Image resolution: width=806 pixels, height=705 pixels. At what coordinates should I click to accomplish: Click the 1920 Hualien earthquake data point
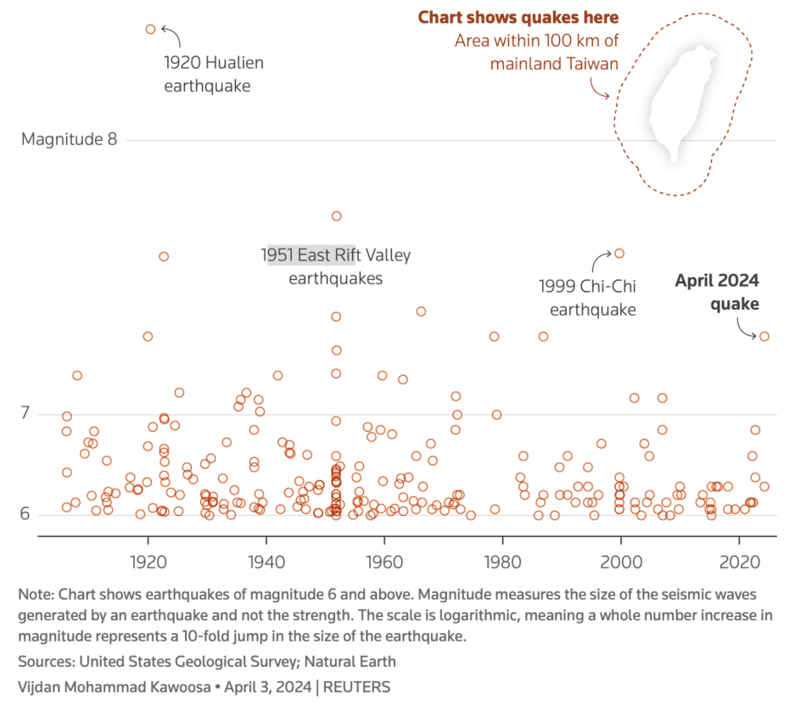point(151,29)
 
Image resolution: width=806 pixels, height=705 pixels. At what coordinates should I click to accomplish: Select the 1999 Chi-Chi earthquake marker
point(619,253)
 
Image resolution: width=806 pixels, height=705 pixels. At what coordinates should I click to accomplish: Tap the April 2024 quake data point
point(764,337)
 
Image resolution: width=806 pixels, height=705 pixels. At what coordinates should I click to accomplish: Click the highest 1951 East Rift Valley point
point(336,216)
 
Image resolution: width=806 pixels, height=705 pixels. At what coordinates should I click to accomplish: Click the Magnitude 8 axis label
point(70,139)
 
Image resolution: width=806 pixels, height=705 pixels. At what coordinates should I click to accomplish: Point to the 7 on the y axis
point(25,414)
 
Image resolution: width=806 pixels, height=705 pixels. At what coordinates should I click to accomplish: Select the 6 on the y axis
point(25,514)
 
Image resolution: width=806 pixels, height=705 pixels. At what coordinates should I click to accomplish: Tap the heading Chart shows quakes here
point(518,18)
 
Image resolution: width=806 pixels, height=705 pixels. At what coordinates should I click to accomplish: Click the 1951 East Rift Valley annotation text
point(336,266)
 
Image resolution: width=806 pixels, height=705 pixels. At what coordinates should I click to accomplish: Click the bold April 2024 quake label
point(717,293)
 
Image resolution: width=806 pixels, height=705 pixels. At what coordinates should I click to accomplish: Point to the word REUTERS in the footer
point(356,687)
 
